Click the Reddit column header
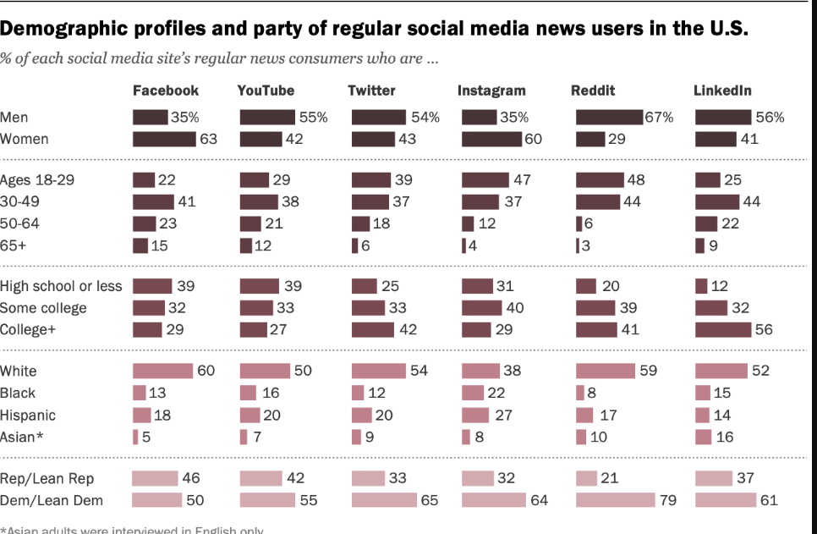[593, 91]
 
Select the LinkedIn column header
[722, 91]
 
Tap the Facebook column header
[166, 91]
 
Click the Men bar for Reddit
[609, 118]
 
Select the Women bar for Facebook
[164, 139]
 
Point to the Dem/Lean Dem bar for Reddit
[615, 500]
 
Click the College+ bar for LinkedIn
[722, 330]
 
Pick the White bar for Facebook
[162, 371]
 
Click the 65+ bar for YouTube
[245, 245]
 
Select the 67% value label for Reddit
[659, 118]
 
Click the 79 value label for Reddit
[668, 500]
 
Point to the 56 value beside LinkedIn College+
[764, 330]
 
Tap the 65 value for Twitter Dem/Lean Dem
[430, 500]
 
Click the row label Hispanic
[28, 416]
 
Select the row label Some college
[43, 308]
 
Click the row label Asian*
[20, 438]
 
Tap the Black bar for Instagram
[472, 393]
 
